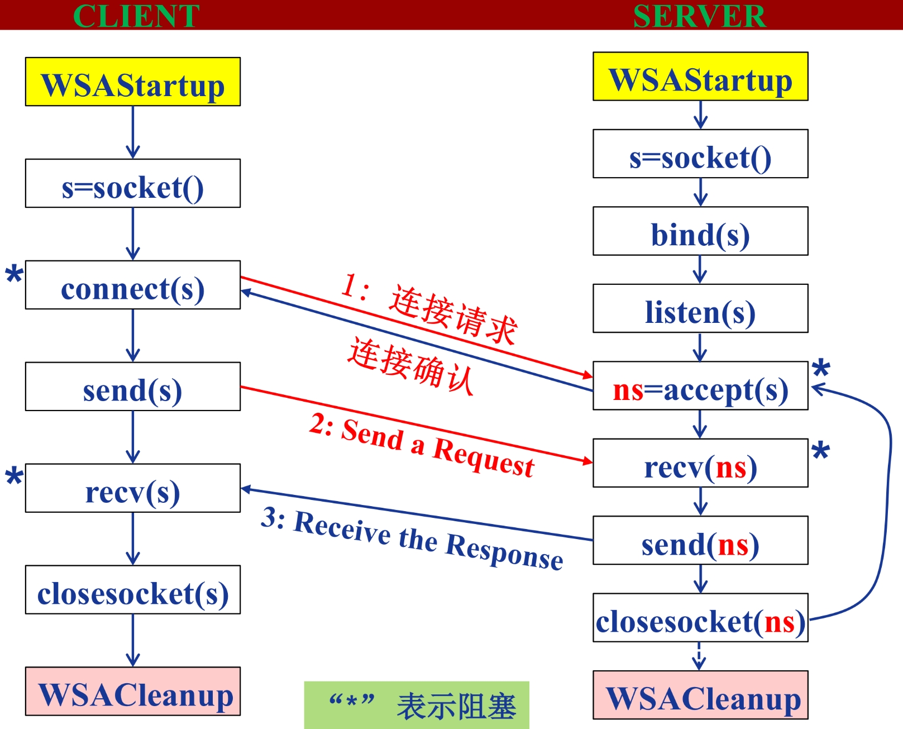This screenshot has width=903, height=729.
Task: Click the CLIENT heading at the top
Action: click(136, 16)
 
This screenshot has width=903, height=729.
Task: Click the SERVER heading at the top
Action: click(699, 16)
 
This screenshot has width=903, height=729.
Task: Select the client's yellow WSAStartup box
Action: click(133, 82)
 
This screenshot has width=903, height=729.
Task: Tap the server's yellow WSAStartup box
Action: click(700, 77)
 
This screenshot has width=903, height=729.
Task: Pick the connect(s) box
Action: click(133, 285)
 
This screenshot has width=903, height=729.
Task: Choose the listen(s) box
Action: click(700, 309)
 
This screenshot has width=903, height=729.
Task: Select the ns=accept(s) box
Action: click(700, 386)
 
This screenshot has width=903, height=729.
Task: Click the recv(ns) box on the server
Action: click(700, 464)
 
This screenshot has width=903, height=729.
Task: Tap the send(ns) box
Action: click(700, 541)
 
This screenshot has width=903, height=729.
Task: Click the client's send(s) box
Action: click(133, 387)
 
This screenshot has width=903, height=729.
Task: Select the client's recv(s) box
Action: click(133, 489)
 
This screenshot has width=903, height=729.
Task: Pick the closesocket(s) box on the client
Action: click(133, 590)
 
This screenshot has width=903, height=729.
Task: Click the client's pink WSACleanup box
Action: click(133, 692)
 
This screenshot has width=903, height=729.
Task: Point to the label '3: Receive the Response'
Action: click(412, 539)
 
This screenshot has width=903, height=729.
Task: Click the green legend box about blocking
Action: click(417, 705)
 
